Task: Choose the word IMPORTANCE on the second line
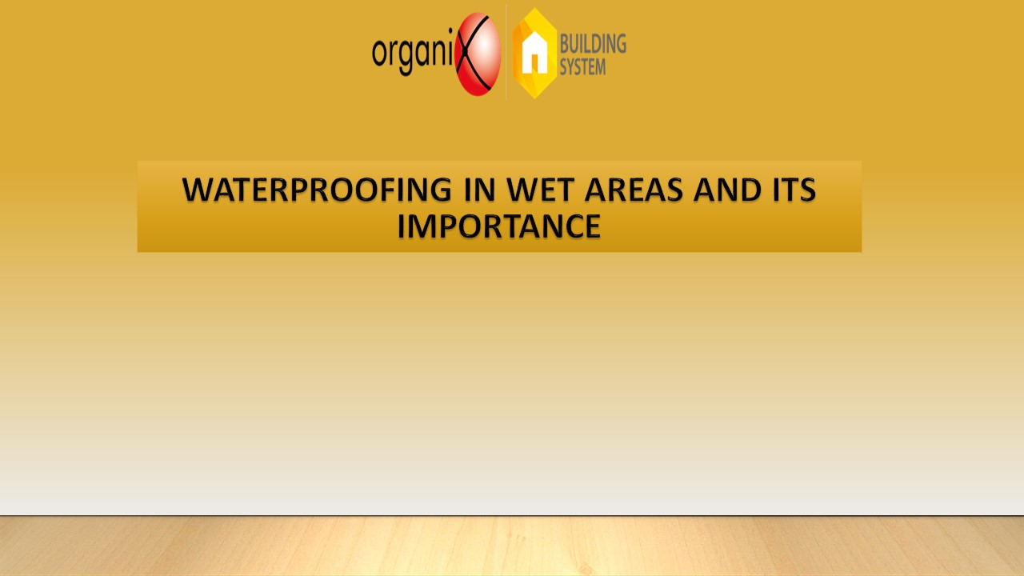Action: pos(499,226)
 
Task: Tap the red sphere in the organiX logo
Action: pos(478,54)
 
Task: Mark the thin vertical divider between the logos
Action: pos(506,53)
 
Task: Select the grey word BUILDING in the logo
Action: pos(593,43)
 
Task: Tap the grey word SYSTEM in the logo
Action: pos(582,66)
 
